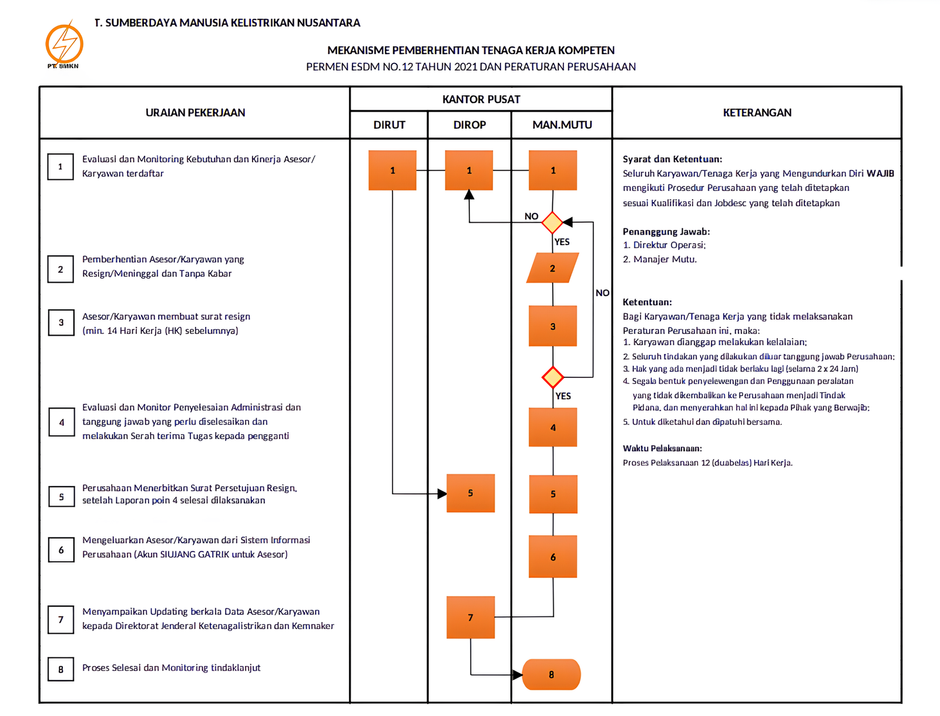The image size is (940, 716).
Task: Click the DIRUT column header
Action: point(389,125)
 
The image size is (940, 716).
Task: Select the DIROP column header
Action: point(469,125)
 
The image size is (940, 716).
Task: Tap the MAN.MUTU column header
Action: point(562,125)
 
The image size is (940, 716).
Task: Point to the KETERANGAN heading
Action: point(757,112)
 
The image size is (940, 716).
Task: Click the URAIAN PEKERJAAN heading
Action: point(195,112)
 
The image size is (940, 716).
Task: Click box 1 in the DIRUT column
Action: point(392,170)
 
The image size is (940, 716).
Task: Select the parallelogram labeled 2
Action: point(552,268)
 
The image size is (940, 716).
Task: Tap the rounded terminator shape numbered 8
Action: point(551,674)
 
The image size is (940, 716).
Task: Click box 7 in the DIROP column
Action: point(471,617)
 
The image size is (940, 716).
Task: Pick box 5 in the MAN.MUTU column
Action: point(553,494)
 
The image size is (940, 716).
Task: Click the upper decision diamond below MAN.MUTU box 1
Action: point(552,222)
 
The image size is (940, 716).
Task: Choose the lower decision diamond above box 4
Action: point(553,377)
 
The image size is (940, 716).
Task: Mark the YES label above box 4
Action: point(563,396)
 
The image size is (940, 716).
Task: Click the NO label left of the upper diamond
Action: point(531,216)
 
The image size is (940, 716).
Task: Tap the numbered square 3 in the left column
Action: point(61,322)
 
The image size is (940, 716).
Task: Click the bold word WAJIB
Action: point(879,173)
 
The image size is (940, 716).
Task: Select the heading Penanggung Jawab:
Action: point(666,232)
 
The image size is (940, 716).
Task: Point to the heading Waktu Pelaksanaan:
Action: point(662,448)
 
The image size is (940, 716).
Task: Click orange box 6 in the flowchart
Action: point(553,557)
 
